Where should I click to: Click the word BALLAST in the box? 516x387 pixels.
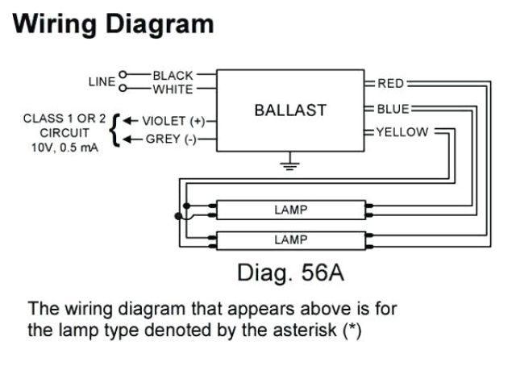point(290,110)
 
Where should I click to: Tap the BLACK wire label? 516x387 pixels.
point(173,76)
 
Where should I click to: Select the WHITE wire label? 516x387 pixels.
point(173,89)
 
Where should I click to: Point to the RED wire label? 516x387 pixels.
point(390,83)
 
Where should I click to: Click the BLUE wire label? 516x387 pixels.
point(393,109)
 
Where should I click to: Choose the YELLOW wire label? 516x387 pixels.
point(402,132)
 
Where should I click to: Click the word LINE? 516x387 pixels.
point(102,81)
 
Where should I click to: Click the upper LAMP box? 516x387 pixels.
point(291,210)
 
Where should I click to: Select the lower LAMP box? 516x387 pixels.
point(291,239)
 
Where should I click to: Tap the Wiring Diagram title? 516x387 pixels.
point(114,24)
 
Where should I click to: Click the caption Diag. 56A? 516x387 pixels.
point(290,273)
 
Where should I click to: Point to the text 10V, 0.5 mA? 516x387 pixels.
point(64,148)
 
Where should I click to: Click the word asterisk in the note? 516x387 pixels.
point(310,331)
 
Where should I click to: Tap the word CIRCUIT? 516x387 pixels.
point(64,133)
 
